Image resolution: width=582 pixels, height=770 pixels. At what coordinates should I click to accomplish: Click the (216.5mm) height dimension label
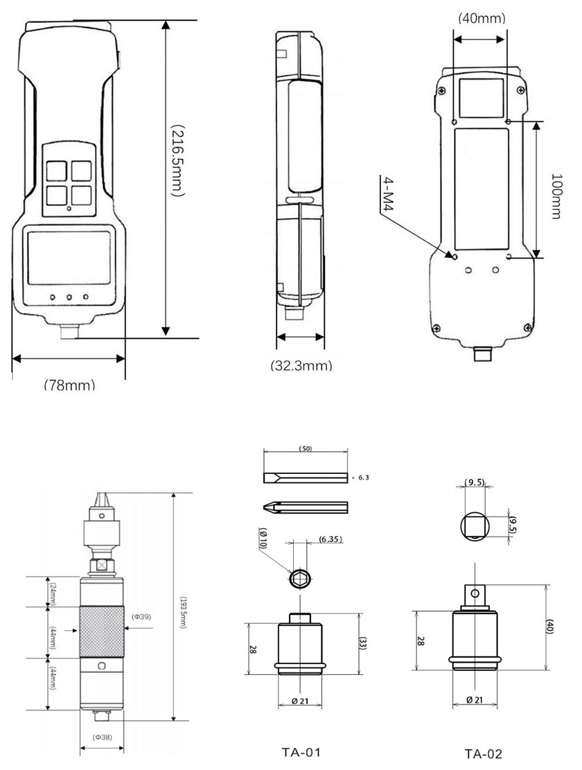pos(177,161)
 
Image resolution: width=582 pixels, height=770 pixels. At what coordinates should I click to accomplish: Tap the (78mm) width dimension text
pos(69,385)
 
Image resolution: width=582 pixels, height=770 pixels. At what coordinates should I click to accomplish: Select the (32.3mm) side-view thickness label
pos(301,365)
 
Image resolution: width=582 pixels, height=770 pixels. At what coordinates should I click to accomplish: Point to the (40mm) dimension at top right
pos(482,18)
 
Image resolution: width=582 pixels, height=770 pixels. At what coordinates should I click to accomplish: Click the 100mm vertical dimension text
pos(554,196)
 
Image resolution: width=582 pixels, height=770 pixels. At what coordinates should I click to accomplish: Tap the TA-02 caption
pos(483,753)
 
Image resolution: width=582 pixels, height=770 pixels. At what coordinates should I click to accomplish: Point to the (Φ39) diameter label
pos(141,615)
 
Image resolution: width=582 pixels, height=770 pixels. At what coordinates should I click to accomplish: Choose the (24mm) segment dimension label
pos(51,592)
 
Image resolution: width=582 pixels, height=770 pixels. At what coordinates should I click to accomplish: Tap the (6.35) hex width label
pos(330,539)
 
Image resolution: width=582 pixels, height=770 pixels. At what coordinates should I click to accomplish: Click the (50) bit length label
pos(305,449)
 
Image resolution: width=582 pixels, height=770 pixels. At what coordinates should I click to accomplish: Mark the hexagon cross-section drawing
pos(299,577)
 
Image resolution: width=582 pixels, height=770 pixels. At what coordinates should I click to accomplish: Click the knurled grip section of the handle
pos(103,632)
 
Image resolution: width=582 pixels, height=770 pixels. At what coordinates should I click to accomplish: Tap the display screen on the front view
pos(69,257)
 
